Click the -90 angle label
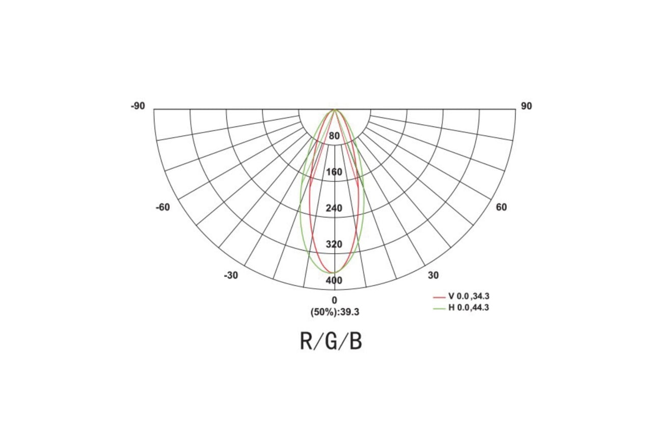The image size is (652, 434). (138, 106)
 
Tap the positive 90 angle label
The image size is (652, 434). (526, 106)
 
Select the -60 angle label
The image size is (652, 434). (162, 207)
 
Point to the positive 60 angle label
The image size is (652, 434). (501, 207)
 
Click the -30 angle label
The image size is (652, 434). (231, 275)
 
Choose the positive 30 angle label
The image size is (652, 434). (433, 275)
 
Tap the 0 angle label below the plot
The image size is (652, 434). (335, 300)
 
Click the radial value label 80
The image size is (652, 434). (334, 136)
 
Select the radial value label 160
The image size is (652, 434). (334, 172)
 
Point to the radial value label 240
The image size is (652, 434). (334, 208)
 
